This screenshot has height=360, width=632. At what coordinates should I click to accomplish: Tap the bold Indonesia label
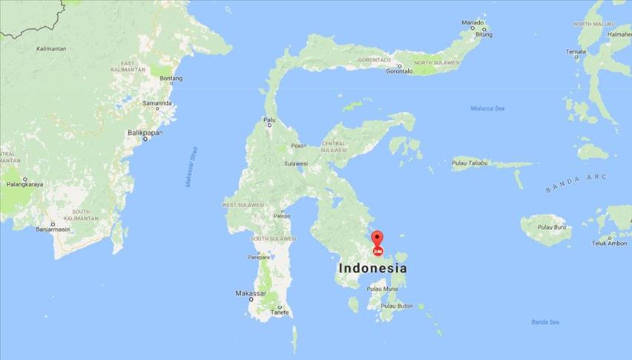click(372, 267)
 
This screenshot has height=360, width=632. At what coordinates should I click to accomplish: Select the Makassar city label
click(250, 294)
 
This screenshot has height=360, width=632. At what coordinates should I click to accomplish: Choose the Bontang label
click(171, 78)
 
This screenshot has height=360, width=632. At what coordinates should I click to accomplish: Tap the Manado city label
click(473, 22)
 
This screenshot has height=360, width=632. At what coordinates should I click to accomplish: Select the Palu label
click(269, 120)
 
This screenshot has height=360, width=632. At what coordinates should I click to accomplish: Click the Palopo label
click(282, 216)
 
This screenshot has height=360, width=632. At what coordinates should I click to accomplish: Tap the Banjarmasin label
click(52, 229)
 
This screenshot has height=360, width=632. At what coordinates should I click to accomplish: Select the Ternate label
click(576, 52)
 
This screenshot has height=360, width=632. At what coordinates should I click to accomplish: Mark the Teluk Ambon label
click(609, 243)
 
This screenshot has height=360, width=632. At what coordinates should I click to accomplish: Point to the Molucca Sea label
click(487, 108)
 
